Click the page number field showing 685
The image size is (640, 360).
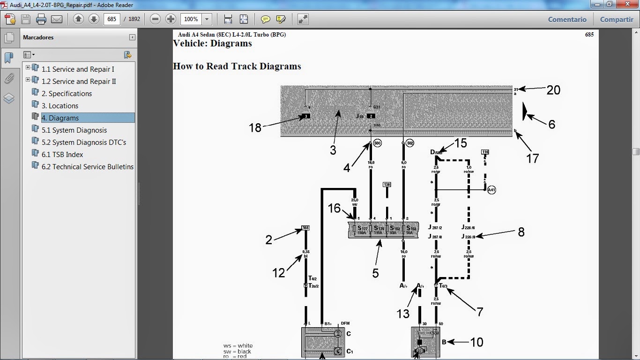tap(112, 19)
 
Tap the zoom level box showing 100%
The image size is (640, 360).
tap(191, 19)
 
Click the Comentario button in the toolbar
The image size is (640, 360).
tap(567, 20)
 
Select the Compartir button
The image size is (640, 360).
tap(617, 20)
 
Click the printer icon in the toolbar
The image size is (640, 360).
tap(41, 19)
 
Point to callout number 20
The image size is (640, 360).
tap(553, 90)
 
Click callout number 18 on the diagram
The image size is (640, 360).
tap(255, 127)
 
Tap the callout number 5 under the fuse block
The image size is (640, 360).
tap(375, 273)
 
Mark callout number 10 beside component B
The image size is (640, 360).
tap(476, 342)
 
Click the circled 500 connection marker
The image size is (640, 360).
tap(378, 143)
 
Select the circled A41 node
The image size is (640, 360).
tap(491, 190)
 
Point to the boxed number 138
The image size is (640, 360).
tap(387, 185)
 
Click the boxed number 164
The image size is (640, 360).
tap(305, 228)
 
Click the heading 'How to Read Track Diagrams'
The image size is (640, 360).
tap(237, 67)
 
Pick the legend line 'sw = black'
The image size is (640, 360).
tap(238, 352)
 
